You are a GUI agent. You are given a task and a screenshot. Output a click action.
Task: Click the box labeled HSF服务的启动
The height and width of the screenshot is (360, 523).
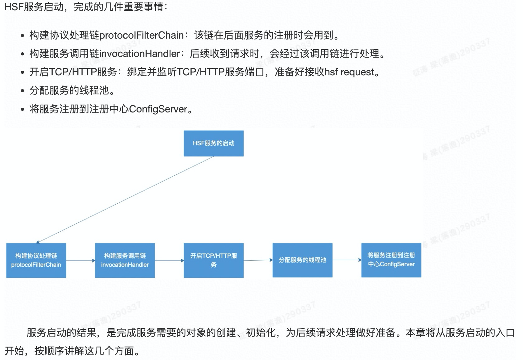[x=214, y=143]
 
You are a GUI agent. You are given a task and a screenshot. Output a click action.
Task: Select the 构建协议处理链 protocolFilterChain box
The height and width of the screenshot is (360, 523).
[x=36, y=260]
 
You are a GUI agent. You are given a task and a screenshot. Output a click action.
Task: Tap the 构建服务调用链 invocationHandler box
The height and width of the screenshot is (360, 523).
[x=125, y=260]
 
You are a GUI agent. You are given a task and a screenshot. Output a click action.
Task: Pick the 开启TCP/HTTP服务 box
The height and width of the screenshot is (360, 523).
[x=214, y=260]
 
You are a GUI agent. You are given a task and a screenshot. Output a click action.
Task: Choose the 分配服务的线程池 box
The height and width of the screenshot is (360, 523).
[x=302, y=260]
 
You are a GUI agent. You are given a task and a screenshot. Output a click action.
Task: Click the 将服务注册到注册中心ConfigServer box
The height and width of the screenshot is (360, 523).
[x=391, y=260]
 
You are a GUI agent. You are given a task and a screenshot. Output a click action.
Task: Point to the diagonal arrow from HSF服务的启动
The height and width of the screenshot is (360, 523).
[x=125, y=199]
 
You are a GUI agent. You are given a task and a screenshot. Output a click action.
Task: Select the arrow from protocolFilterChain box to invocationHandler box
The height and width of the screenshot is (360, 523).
[x=80, y=260]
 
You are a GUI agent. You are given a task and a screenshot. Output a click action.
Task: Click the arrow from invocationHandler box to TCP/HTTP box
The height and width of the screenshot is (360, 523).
[x=169, y=260]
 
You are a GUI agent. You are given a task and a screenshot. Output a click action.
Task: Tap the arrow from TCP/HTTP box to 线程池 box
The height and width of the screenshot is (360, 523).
[x=258, y=260]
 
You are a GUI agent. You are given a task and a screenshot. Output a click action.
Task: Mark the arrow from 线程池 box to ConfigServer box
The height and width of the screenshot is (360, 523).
[x=347, y=260]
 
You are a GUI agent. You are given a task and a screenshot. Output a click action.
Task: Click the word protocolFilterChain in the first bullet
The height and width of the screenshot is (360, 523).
[x=141, y=36]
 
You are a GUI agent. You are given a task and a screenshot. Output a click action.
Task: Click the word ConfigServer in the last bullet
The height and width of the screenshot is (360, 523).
[x=158, y=109]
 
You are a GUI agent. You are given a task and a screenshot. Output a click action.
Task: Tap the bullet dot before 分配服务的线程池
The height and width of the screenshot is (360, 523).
[x=22, y=91]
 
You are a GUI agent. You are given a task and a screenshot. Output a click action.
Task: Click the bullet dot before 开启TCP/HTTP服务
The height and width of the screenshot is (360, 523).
[x=22, y=73]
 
